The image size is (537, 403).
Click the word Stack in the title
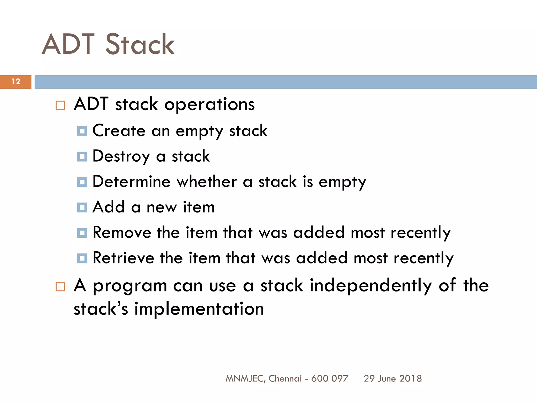140,45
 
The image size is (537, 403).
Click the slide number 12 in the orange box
16,82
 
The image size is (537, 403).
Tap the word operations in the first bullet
210,105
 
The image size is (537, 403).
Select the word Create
119,130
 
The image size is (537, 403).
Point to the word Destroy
121,156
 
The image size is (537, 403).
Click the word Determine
131,182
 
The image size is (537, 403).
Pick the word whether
207,182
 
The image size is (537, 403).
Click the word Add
109,207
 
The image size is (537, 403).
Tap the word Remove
122,232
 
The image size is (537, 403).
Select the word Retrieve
123,258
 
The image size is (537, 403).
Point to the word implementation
199,309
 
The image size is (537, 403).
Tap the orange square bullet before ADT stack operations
60,105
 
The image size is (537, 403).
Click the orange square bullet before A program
60,287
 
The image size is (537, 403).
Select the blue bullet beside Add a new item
82,208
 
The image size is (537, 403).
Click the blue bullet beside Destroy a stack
82,157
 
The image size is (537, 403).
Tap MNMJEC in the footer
244,379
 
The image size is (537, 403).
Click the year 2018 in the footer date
411,379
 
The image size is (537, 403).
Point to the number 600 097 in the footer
330,379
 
